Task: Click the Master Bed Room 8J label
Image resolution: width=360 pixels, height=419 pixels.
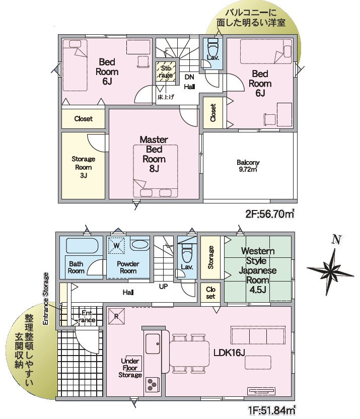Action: (154, 154)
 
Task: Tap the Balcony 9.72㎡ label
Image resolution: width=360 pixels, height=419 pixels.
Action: (248, 166)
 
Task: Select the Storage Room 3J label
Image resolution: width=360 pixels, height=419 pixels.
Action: (83, 167)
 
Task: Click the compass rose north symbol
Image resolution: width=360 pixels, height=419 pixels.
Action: (330, 268)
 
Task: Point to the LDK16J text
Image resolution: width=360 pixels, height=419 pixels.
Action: (230, 353)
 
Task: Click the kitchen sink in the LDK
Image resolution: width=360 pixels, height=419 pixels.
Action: (153, 343)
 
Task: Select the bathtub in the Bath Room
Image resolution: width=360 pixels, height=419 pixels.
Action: (82, 245)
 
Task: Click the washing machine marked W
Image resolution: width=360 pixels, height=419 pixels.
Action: (116, 245)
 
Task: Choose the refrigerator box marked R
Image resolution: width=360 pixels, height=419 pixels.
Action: (116, 316)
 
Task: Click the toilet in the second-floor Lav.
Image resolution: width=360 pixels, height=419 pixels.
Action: (213, 47)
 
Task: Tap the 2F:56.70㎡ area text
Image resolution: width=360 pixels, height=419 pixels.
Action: (270, 214)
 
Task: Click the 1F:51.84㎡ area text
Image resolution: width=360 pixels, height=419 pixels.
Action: (271, 409)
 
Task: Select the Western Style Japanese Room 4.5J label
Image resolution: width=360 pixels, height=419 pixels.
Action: (257, 270)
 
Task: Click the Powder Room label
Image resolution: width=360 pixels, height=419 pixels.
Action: (128, 267)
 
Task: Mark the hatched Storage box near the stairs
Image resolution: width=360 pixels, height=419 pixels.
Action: (166, 72)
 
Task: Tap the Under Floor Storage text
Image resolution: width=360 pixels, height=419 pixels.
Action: (130, 368)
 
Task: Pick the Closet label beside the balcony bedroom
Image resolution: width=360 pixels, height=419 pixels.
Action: (213, 113)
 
